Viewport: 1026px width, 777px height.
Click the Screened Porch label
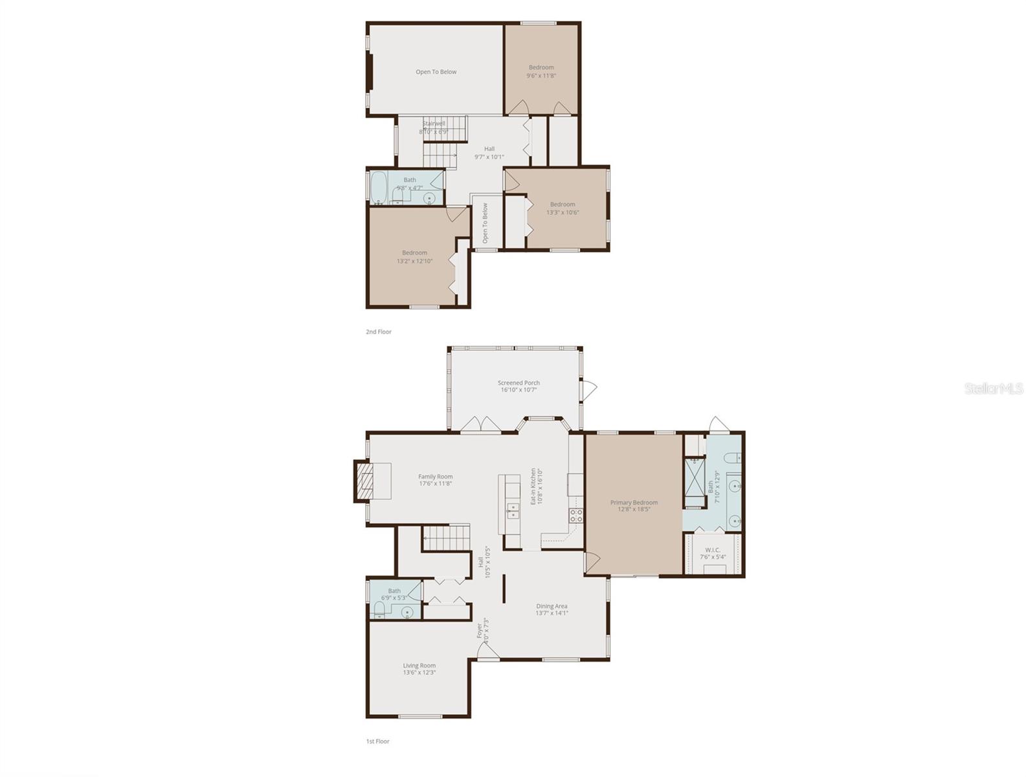click(x=519, y=383)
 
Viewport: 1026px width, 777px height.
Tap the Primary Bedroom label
click(x=634, y=502)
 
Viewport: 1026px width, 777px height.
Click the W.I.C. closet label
click(x=713, y=550)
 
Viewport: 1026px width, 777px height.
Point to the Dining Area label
click(x=552, y=606)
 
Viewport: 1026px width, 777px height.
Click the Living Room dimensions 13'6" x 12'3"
click(x=419, y=673)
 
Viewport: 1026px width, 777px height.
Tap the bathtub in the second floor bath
click(x=379, y=188)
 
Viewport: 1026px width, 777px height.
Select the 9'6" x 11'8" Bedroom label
click(x=541, y=67)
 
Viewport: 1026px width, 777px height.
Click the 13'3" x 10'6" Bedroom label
click(x=563, y=205)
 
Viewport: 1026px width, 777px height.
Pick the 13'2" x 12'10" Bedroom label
click(x=414, y=253)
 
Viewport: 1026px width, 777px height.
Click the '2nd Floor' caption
click(x=379, y=332)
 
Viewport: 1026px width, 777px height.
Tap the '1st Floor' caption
click(x=378, y=741)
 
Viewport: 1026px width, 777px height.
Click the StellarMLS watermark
click(x=994, y=388)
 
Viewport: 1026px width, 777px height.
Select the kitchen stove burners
click(x=575, y=515)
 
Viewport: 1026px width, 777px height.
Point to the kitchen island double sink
click(x=512, y=511)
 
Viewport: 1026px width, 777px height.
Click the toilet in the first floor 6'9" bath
click(x=379, y=610)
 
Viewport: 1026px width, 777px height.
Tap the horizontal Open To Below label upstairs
click(x=436, y=72)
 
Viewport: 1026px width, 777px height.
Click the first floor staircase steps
click(x=446, y=537)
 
